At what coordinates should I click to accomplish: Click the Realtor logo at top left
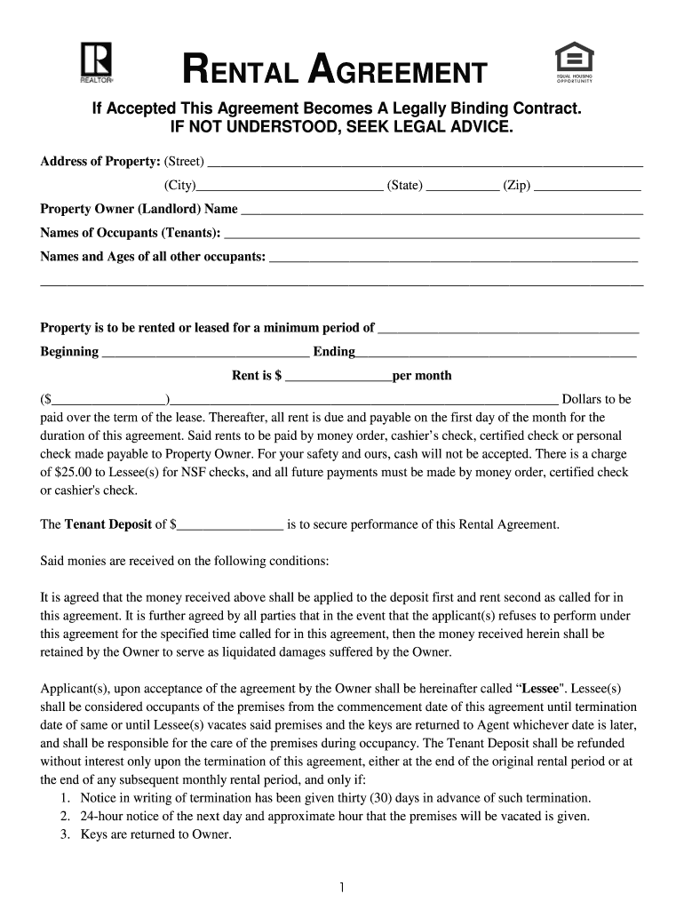94,62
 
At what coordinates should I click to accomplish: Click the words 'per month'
422,376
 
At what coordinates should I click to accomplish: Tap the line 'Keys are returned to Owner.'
155,834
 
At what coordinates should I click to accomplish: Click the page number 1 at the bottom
342,887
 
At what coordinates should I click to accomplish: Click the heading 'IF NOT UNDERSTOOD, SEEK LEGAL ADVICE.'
341,128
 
